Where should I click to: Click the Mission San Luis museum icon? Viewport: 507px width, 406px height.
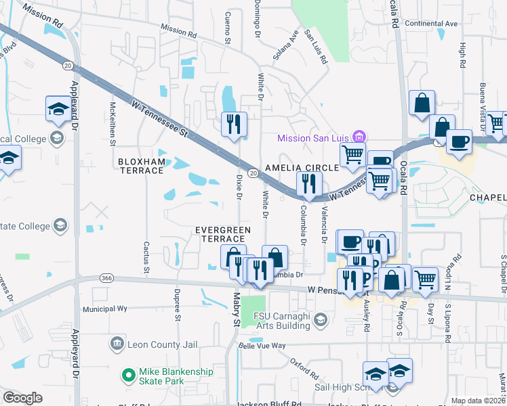point(360,138)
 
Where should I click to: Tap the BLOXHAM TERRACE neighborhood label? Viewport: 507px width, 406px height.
point(140,166)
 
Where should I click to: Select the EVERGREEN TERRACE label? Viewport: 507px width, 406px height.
point(223,235)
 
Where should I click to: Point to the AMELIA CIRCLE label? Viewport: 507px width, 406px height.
point(302,167)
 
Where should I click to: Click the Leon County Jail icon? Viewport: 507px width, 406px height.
point(118,344)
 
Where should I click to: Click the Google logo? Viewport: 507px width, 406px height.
point(22,398)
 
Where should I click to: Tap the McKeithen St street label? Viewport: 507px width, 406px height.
point(113,123)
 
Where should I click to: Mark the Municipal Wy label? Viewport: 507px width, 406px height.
point(104,309)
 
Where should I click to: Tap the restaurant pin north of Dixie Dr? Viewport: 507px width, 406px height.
point(234,124)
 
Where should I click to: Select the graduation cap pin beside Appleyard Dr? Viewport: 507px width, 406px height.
point(58,108)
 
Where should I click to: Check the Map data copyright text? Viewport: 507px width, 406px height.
point(478,401)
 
